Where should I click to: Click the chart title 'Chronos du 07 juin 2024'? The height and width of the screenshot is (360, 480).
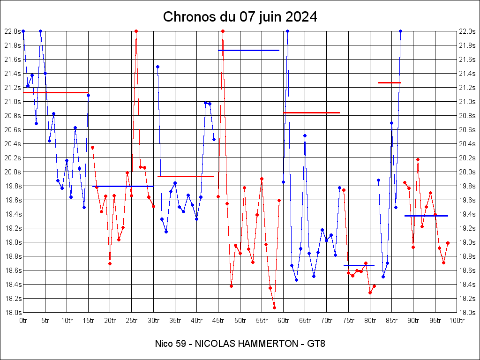click(240, 17)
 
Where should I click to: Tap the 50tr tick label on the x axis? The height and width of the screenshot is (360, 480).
click(240, 321)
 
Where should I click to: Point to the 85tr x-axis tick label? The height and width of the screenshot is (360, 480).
click(392, 321)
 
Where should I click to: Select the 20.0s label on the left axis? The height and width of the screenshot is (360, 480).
click(13, 172)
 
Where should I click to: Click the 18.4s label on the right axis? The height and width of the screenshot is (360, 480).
click(468, 285)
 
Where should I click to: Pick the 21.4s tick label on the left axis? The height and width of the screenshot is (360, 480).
click(13, 74)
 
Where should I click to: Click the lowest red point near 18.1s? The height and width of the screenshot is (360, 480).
click(274, 307)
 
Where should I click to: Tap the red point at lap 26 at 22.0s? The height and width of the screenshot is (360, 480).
click(136, 31)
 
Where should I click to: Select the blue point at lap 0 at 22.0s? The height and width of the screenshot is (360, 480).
click(23, 31)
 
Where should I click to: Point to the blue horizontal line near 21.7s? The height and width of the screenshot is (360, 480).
click(248, 50)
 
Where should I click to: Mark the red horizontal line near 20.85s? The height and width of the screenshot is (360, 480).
click(311, 112)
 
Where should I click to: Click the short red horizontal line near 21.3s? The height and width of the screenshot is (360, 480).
click(389, 82)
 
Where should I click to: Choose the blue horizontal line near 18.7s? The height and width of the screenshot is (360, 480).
click(359, 265)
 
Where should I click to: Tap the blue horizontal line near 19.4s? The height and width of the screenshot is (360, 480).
click(426, 216)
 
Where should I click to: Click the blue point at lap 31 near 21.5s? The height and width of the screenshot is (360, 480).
click(157, 67)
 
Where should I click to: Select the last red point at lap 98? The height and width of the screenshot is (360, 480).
click(448, 243)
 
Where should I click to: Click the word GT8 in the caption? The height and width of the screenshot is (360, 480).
click(316, 344)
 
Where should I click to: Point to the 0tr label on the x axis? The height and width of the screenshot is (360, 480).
click(23, 321)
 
